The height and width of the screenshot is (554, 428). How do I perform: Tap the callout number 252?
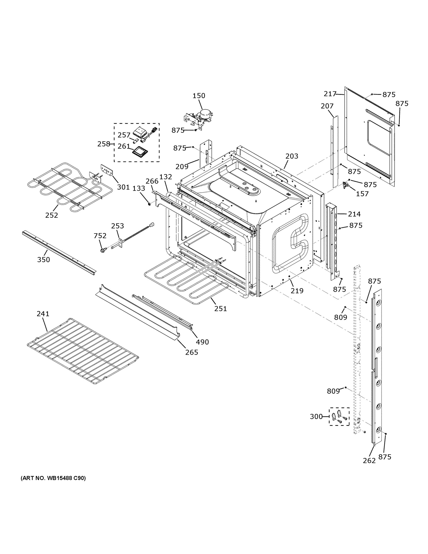click(x=51, y=215)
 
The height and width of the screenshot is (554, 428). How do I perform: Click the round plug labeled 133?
click(x=149, y=203)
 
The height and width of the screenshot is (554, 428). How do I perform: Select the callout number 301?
click(x=123, y=187)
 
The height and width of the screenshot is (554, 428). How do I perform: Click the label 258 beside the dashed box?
click(x=104, y=144)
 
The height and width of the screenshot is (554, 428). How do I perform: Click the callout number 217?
click(x=330, y=94)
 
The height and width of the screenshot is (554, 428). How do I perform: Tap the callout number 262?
click(x=369, y=461)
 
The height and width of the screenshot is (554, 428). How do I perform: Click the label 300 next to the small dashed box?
click(x=316, y=416)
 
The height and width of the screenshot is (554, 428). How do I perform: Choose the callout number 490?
click(x=202, y=342)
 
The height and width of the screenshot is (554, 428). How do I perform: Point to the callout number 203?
click(x=292, y=156)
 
